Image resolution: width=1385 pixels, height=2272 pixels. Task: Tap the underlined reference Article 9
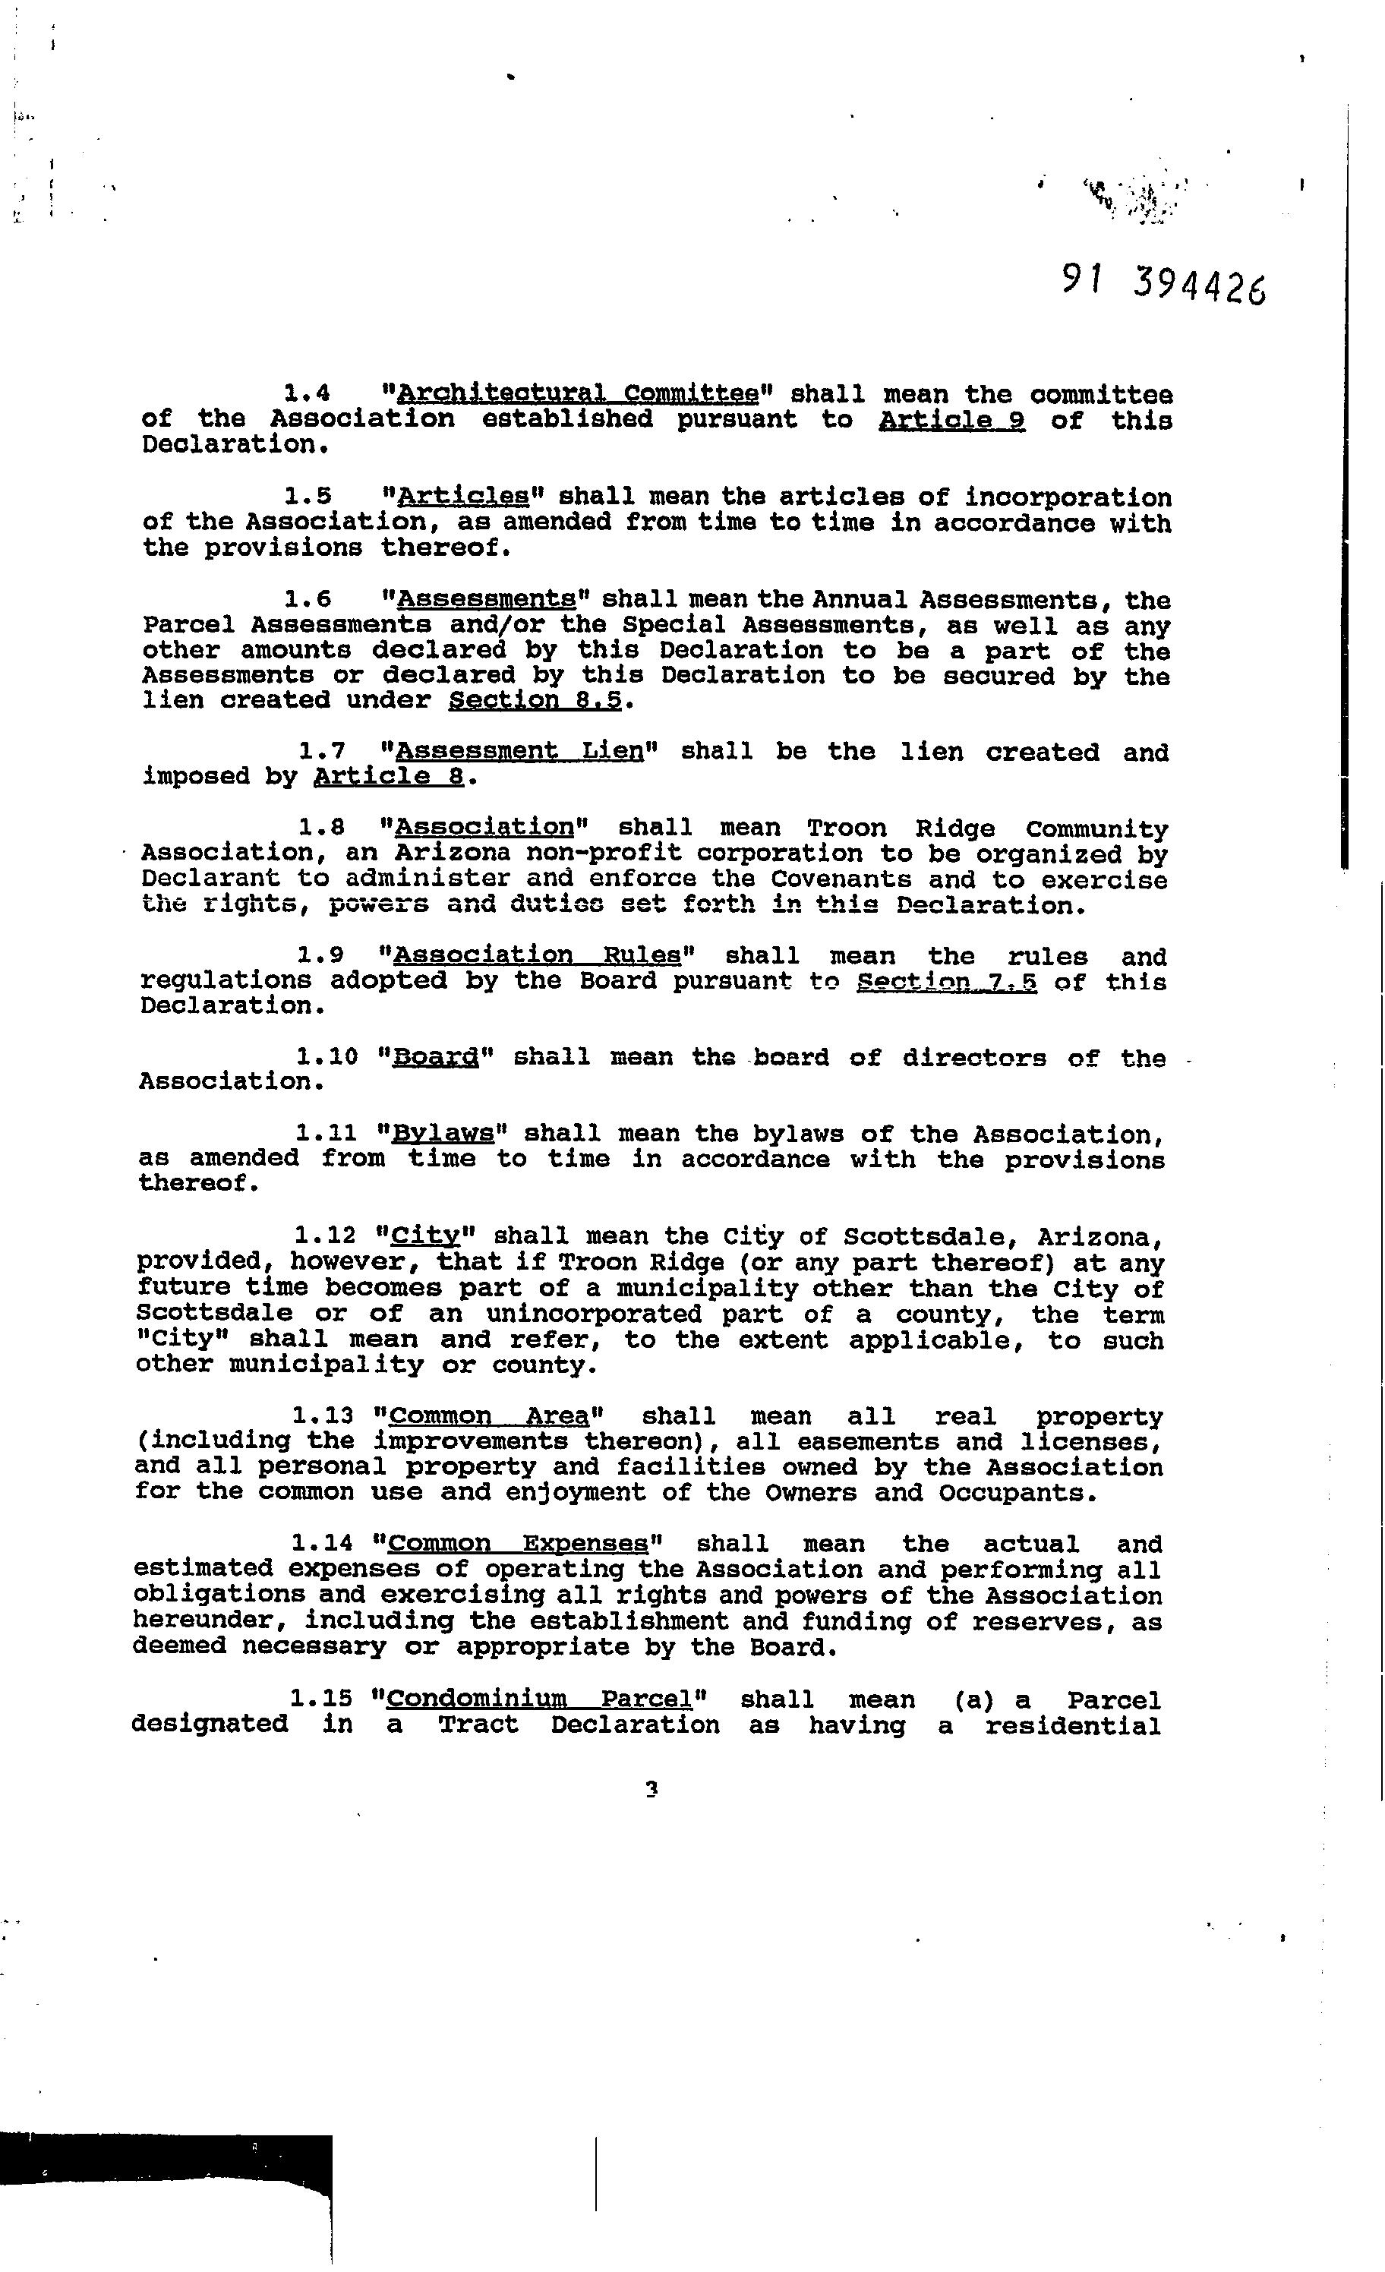951,421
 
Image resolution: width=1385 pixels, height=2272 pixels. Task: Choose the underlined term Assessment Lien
519,752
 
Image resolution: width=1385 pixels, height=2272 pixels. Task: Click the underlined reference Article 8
388,776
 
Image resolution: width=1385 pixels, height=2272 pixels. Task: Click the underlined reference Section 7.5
947,982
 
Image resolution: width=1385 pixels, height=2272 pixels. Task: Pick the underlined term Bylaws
443,1133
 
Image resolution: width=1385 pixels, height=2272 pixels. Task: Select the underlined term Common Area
489,1416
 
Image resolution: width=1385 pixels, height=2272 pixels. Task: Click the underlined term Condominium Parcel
538,1699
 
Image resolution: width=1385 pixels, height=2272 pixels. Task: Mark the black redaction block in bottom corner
166,2195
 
